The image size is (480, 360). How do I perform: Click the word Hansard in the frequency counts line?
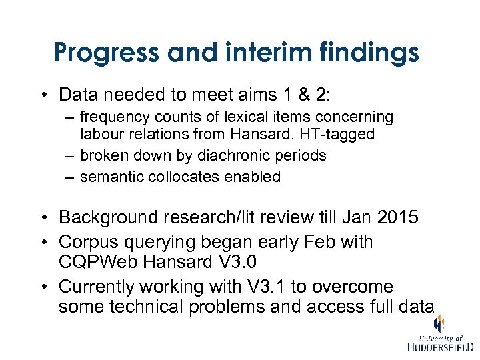click(260, 134)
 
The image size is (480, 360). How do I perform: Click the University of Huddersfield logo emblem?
click(439, 324)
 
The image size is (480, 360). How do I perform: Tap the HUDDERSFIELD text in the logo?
click(440, 347)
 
